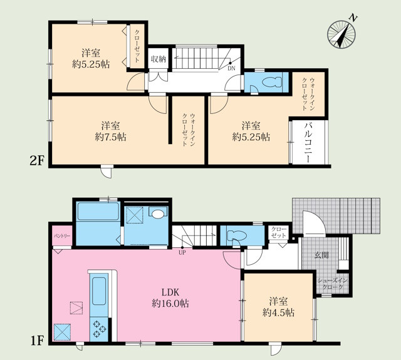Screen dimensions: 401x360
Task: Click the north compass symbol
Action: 342,33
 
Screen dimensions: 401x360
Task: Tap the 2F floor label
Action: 38,161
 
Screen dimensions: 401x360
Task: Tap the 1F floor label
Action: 38,341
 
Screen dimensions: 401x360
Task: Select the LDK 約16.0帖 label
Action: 170,297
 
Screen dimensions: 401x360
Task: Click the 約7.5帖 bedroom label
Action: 110,131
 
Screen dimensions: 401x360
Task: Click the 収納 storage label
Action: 159,59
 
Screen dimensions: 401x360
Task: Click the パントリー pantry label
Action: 62,236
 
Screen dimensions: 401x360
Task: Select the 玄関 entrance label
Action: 321,255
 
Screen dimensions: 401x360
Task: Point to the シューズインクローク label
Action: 333,284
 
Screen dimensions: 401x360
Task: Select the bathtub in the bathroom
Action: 98,211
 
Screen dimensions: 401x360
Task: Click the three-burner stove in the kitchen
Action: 99,329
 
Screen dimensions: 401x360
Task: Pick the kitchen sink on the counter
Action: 99,291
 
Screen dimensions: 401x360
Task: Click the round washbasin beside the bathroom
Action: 158,214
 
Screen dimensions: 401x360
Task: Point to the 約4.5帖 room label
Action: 278,307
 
